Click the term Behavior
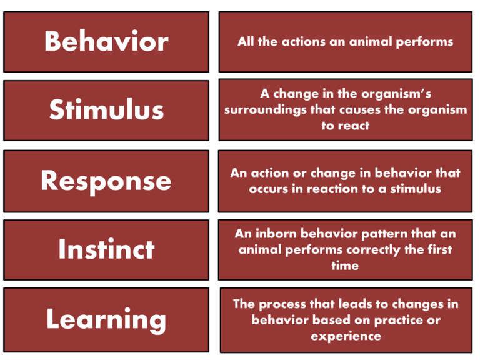(106, 41)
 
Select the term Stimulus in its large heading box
(106, 109)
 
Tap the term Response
(106, 181)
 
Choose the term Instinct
(106, 249)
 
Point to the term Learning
(106, 320)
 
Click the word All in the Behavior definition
(246, 42)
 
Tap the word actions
(304, 42)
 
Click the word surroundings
(265, 110)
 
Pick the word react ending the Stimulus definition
(354, 126)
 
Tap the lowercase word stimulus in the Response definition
(416, 189)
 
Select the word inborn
(276, 234)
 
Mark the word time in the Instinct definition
(345, 266)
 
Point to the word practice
(399, 321)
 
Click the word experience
(346, 337)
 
